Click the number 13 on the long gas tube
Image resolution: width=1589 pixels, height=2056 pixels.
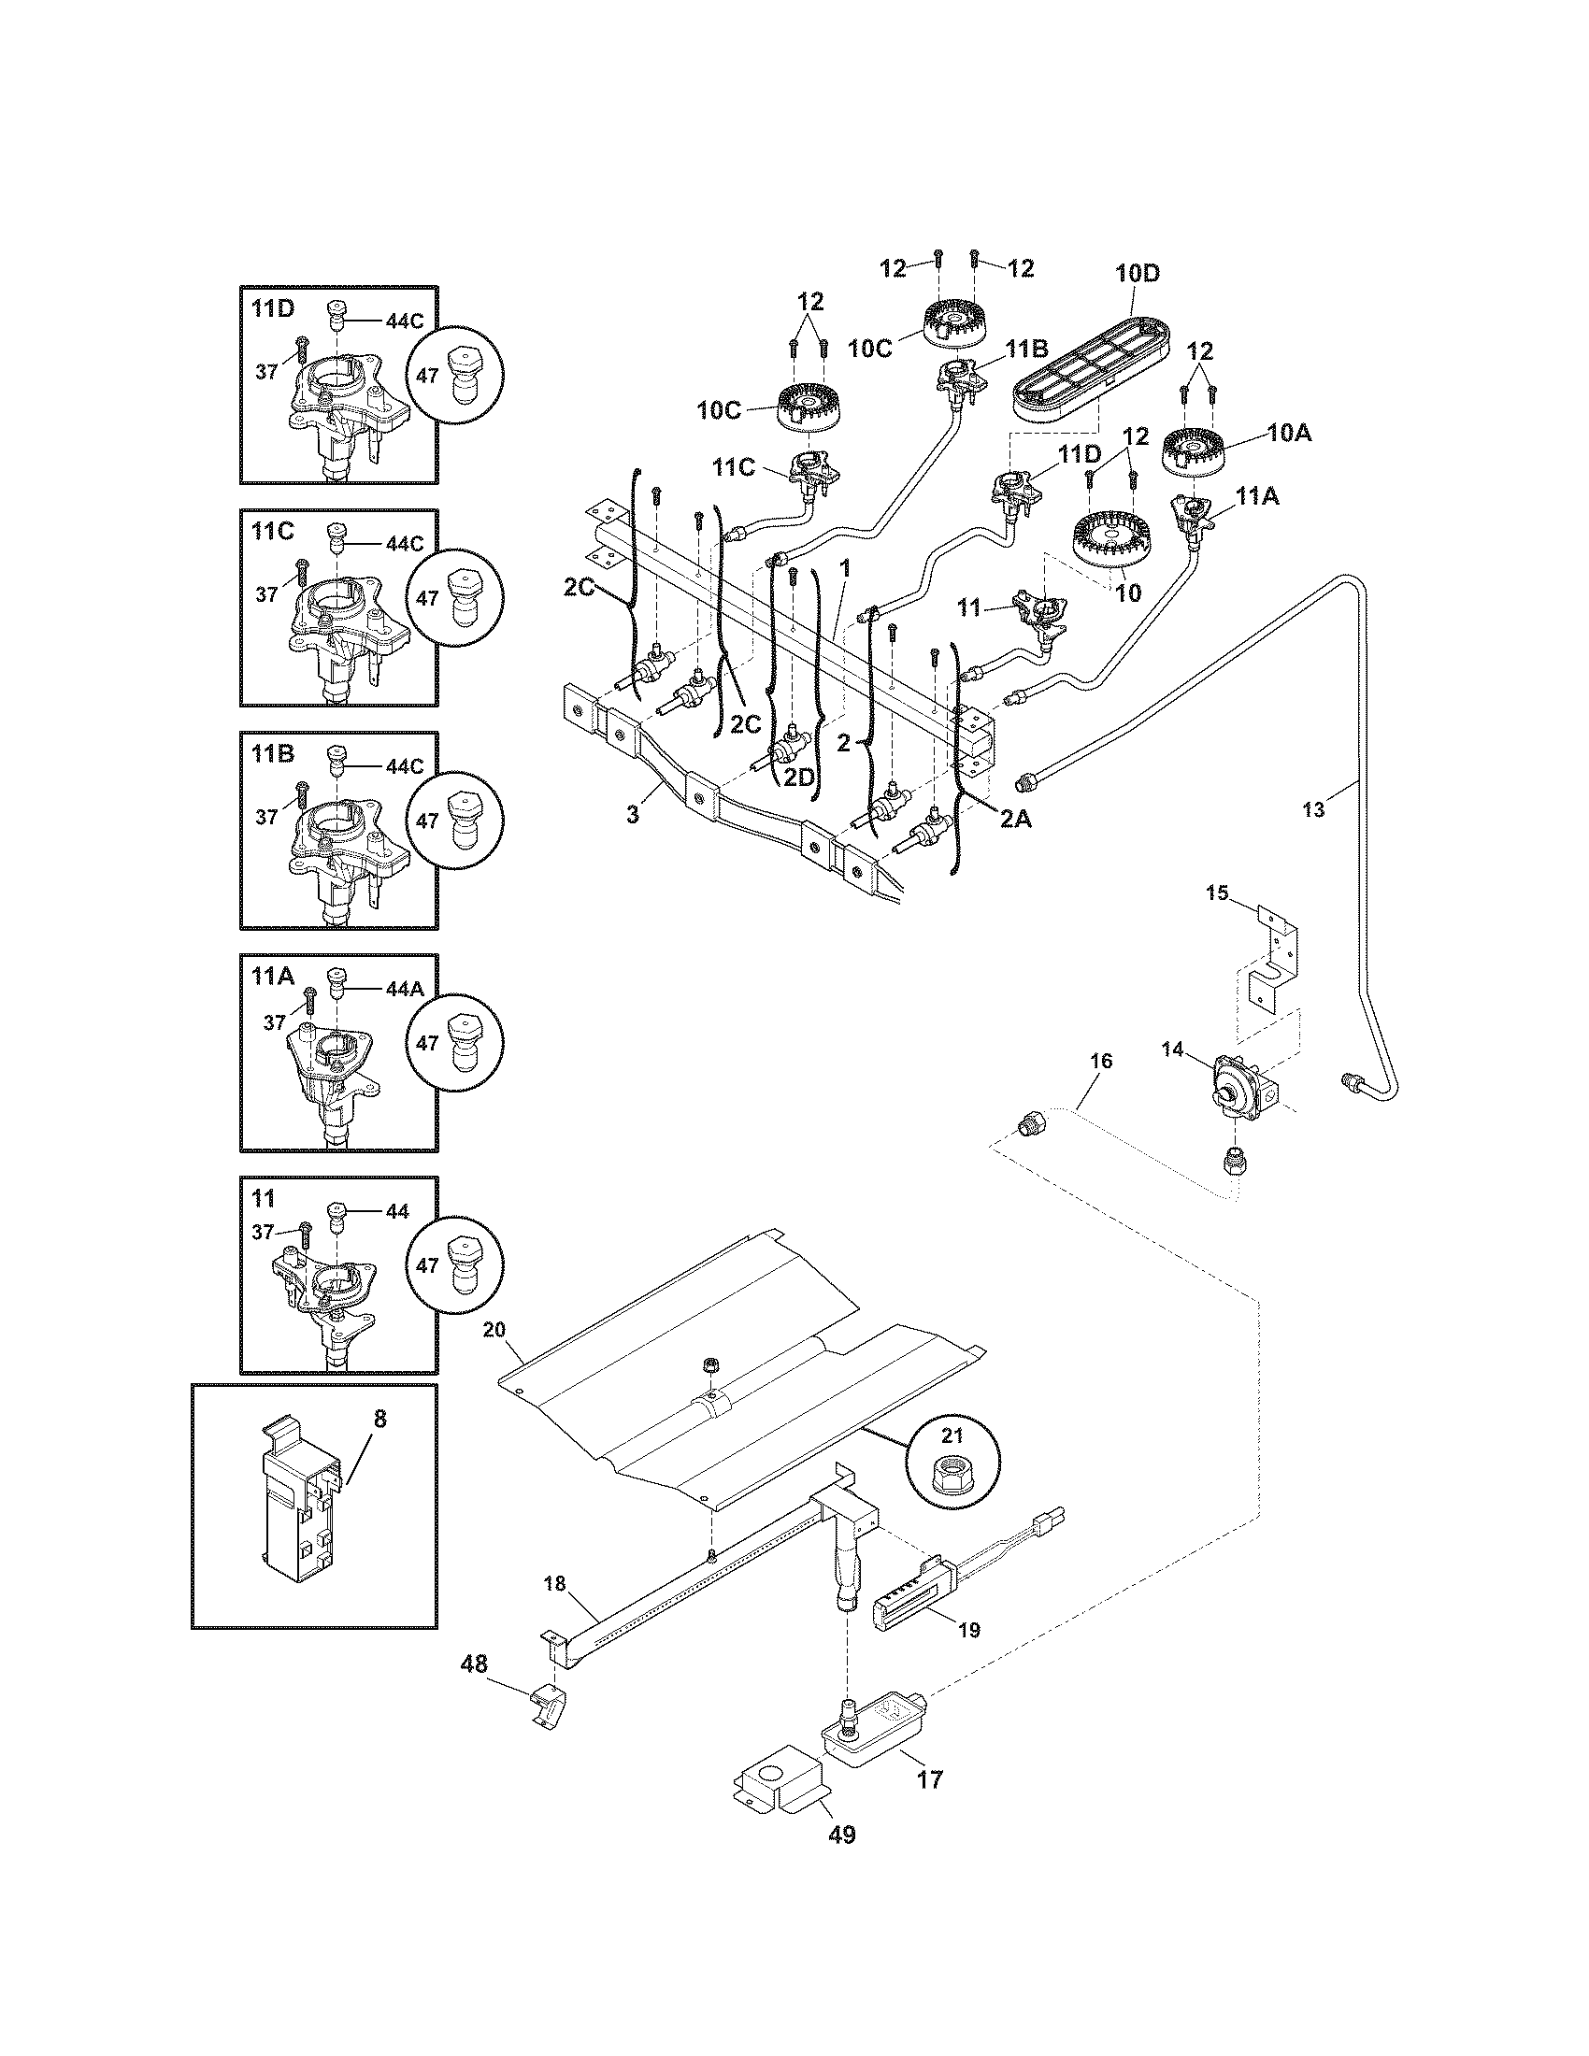(1312, 808)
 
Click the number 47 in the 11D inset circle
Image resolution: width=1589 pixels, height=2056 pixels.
(427, 375)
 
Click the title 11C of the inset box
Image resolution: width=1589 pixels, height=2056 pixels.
(273, 531)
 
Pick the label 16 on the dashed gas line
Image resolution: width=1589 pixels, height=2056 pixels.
(1100, 1061)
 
